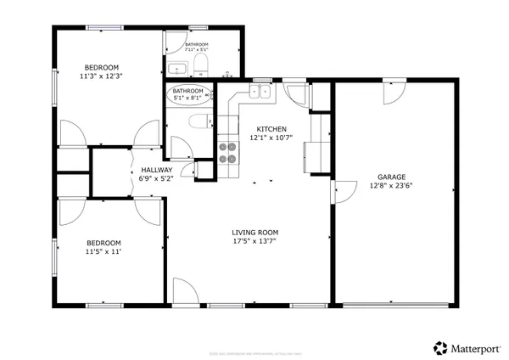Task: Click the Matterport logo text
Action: (473, 347)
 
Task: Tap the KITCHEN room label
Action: (271, 128)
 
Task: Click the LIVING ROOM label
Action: (255, 232)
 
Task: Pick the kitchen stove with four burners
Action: (227, 152)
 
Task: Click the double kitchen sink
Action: (260, 91)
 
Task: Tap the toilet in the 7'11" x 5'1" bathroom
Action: (201, 65)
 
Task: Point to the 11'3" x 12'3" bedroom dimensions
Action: (100, 76)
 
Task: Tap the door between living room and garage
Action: (344, 194)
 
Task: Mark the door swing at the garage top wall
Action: (393, 93)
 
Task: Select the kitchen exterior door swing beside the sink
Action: (296, 93)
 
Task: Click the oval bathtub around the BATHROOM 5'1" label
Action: (188, 93)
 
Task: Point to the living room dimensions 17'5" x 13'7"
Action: (255, 241)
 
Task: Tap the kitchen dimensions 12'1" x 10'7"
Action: (271, 138)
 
